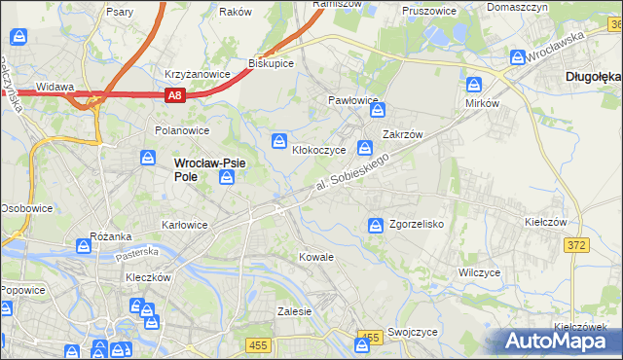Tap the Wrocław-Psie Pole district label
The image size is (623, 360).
[x=209, y=169]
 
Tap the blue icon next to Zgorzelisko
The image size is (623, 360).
[x=376, y=226]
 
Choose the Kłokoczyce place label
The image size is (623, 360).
[x=319, y=151]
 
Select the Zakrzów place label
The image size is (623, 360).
[x=401, y=135]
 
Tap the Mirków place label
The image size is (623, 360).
[x=482, y=102]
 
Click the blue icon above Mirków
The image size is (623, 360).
[x=475, y=84]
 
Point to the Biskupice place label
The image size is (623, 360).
[x=271, y=63]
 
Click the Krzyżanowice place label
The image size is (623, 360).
[x=197, y=74]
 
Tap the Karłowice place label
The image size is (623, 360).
[x=185, y=225]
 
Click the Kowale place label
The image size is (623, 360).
[x=316, y=257]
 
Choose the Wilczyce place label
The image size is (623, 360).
[x=479, y=272]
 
